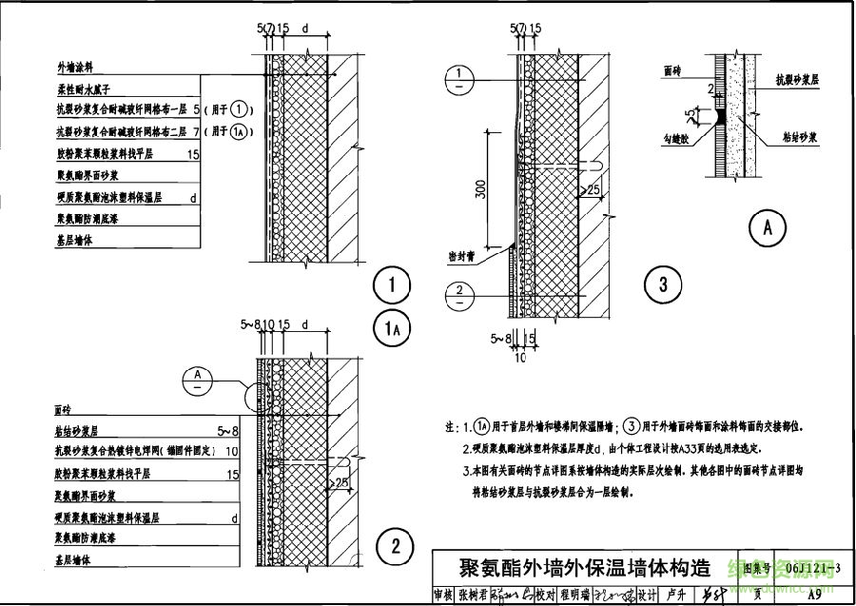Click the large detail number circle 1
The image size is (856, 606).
391,284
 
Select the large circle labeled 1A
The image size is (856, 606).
391,328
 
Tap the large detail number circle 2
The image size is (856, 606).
393,546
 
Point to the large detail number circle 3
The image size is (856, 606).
663,283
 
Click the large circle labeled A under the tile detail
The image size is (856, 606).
768,227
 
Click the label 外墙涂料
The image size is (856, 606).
75,68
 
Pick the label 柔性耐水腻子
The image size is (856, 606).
87,89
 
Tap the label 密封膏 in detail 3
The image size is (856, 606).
462,256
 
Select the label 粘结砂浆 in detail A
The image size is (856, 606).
799,137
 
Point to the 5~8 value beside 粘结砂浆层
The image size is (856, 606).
228,431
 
